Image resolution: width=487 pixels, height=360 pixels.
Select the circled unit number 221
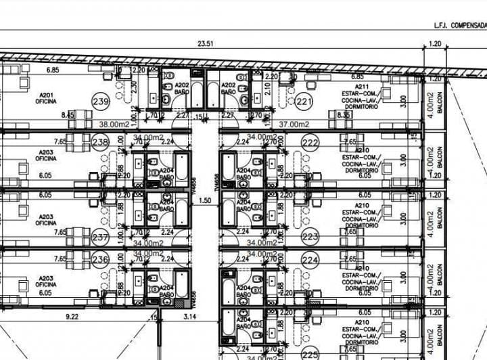pos(305,102)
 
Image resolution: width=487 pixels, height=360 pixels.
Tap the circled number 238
pos(100,142)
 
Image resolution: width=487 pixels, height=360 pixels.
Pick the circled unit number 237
pos(100,238)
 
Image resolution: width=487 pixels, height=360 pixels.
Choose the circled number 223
pos(310,237)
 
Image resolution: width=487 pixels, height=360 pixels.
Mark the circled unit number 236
pos(100,259)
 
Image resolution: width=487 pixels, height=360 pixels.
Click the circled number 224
pos(310,259)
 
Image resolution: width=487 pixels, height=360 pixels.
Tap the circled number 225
pos(310,354)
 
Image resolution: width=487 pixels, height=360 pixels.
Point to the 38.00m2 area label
pos(114,124)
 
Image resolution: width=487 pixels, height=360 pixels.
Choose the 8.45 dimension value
pos(68,116)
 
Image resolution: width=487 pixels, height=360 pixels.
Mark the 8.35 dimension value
pos(344,115)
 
